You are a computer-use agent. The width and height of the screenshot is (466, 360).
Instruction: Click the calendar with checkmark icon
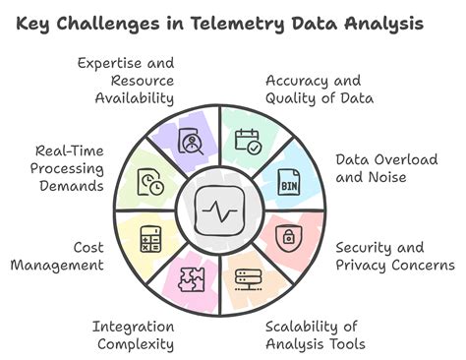point(247,145)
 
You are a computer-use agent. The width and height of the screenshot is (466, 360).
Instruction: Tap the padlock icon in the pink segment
point(289,238)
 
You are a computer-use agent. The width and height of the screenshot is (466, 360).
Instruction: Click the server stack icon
point(248,278)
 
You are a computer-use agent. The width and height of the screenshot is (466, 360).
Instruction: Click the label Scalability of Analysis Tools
point(315,334)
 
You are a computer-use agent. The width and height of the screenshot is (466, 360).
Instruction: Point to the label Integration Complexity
point(134,334)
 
